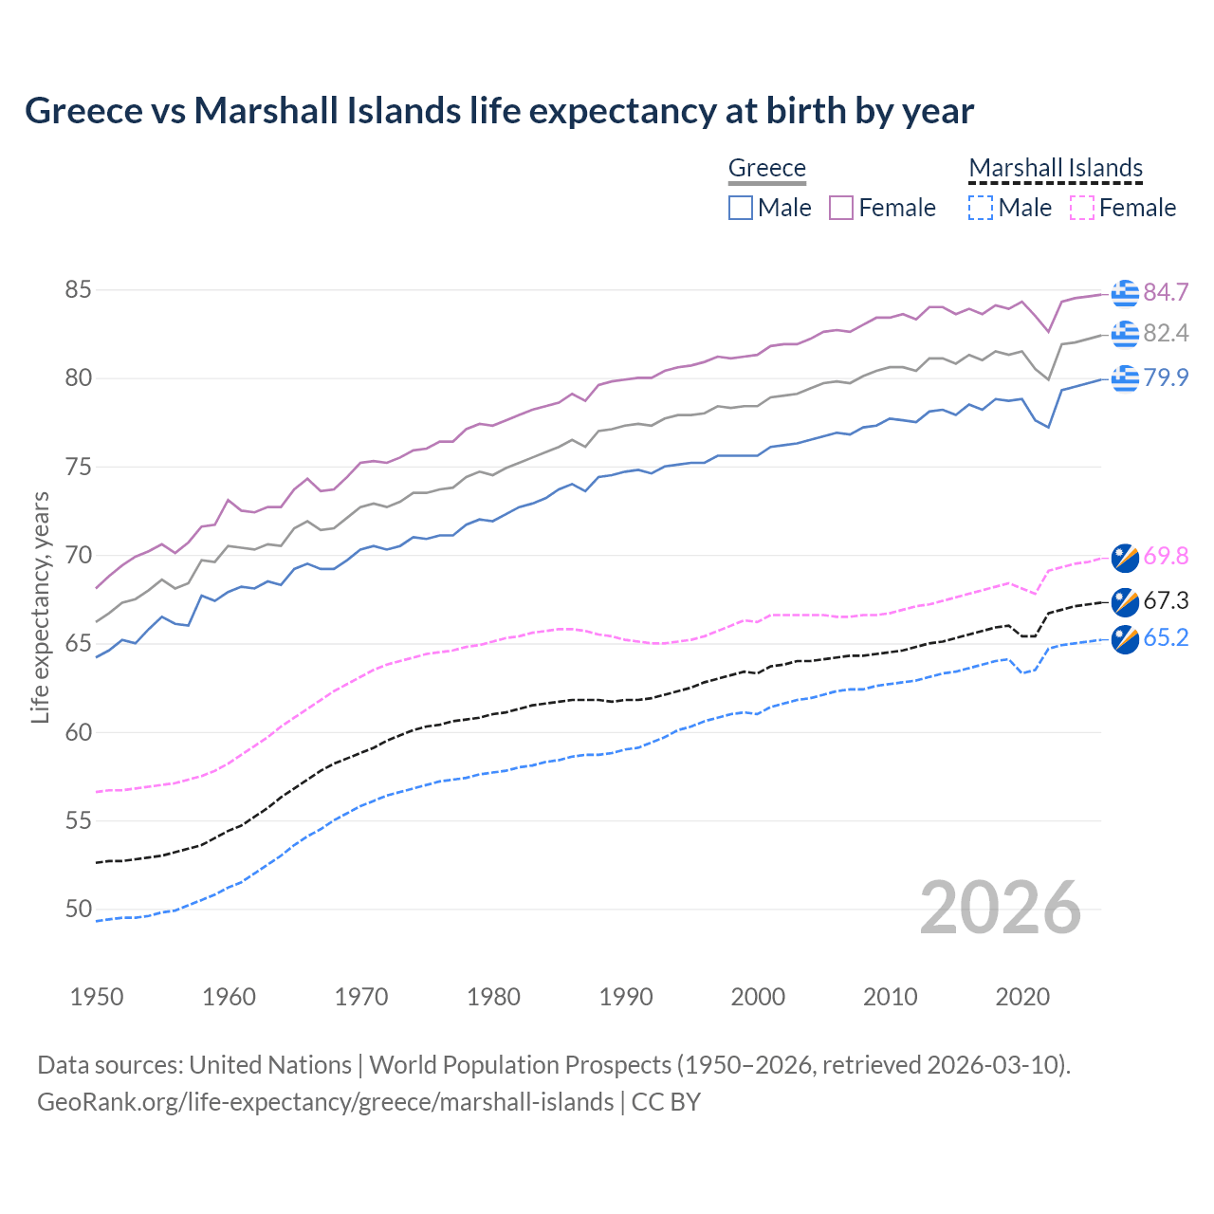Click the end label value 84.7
[x=1166, y=292]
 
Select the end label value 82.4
[x=1166, y=333]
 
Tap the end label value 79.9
[x=1166, y=377]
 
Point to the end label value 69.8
[x=1166, y=556]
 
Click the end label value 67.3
[x=1166, y=600]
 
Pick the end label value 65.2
[x=1166, y=637]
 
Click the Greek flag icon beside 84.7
[x=1125, y=293]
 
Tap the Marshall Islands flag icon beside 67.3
[x=1125, y=601]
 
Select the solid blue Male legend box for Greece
[x=741, y=208]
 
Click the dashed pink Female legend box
[x=1082, y=208]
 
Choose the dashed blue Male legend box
[x=981, y=208]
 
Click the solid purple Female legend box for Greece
[x=841, y=208]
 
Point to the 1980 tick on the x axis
[x=493, y=997]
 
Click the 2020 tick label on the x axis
[x=1022, y=997]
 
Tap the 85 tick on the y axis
[x=79, y=289]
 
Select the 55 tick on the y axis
[x=79, y=820]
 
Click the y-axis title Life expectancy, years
[x=40, y=607]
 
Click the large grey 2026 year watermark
[x=1001, y=908]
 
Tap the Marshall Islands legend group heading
[x=1056, y=168]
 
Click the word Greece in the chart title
[x=83, y=111]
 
